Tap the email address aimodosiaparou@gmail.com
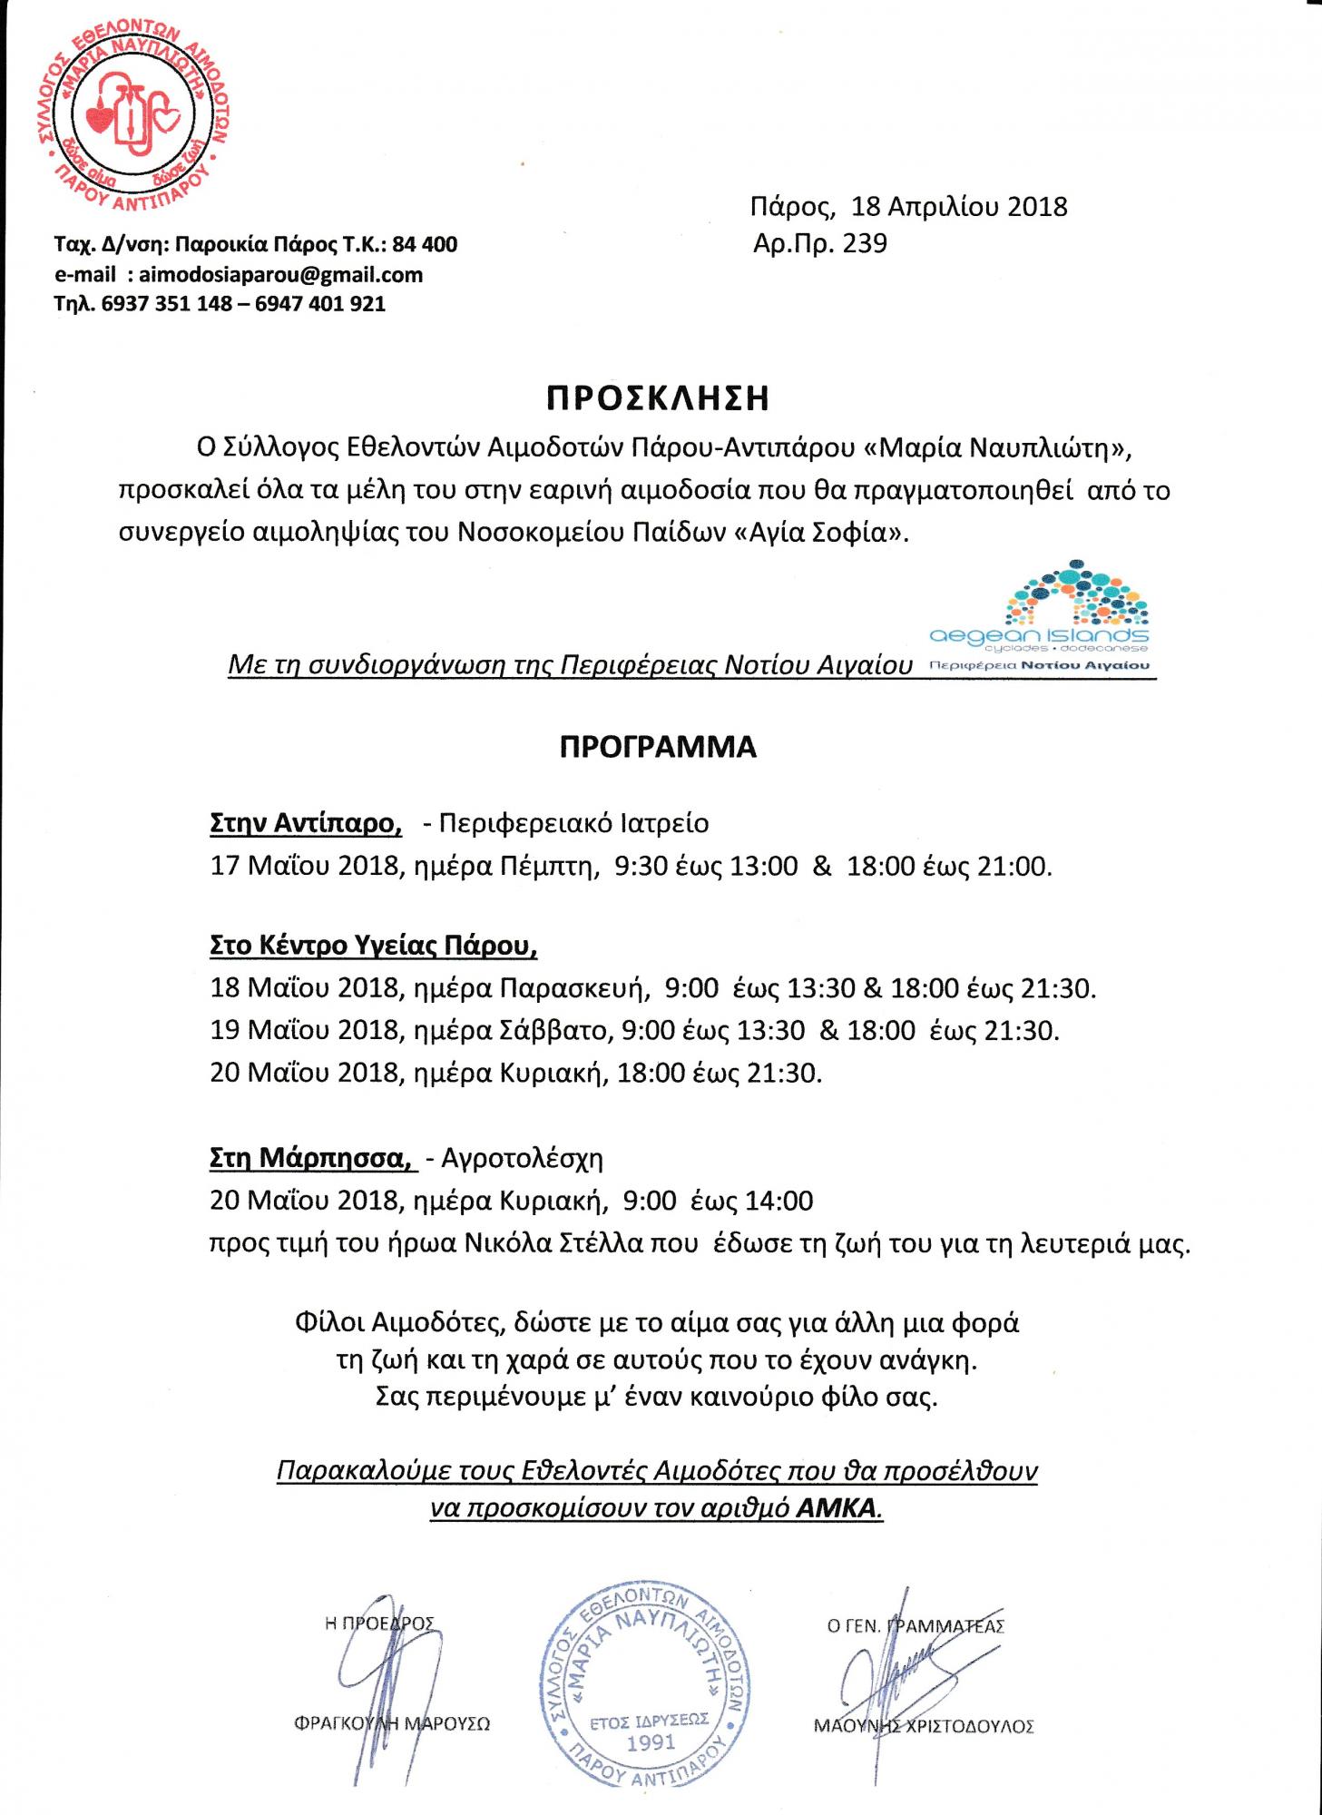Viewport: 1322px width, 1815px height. (280, 274)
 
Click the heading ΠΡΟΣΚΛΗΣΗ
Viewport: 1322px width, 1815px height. (658, 398)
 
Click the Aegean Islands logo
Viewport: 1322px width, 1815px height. (1039, 617)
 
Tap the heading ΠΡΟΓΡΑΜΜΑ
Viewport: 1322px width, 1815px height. (658, 747)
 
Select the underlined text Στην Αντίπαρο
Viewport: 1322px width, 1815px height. (306, 823)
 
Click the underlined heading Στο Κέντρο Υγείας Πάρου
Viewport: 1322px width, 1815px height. (373, 946)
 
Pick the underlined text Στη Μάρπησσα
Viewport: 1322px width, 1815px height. (308, 1158)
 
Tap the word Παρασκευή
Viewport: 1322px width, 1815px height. (573, 987)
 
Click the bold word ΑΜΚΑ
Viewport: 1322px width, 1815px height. (838, 1508)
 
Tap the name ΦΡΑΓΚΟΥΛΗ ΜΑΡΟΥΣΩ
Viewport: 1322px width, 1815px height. (392, 1722)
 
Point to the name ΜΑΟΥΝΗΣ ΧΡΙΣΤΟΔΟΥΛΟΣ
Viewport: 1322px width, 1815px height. (924, 1726)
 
